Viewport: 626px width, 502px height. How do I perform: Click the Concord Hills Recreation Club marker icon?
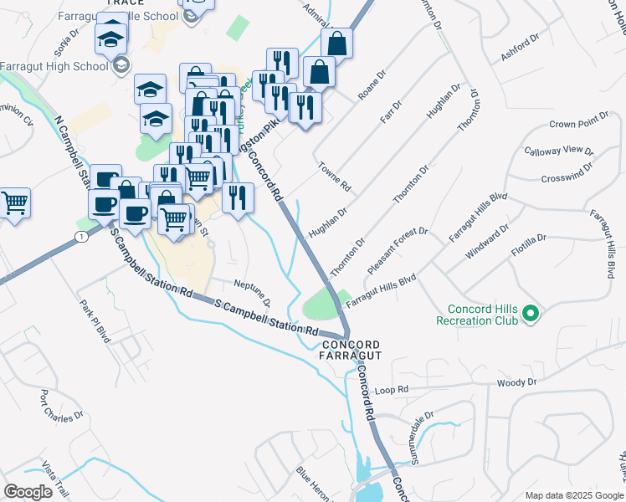[x=529, y=315]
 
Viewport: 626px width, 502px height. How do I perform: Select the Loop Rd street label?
[x=391, y=390]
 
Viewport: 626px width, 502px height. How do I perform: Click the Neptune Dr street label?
[x=252, y=292]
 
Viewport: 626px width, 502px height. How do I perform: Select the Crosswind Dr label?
[x=567, y=178]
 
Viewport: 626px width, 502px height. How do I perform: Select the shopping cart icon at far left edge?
[x=14, y=202]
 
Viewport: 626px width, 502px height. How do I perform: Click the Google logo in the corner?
[x=28, y=492]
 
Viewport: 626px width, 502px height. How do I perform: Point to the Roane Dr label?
[x=372, y=85]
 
